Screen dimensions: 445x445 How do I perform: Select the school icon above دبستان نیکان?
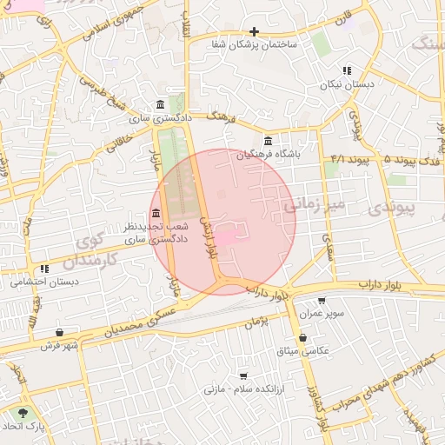[x=348, y=70]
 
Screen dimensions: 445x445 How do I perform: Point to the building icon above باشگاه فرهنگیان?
[x=267, y=140]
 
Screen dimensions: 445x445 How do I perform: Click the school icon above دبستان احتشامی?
[x=44, y=269]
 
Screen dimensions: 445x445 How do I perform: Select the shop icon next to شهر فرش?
[x=59, y=332]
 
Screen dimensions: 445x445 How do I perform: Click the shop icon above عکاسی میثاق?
[x=302, y=337]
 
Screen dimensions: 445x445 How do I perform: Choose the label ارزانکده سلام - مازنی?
[x=240, y=390]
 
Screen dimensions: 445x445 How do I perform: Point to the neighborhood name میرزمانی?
[x=315, y=205]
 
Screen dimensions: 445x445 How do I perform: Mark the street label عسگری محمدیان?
[x=140, y=322]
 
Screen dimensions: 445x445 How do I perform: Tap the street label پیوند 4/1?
[x=351, y=161]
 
